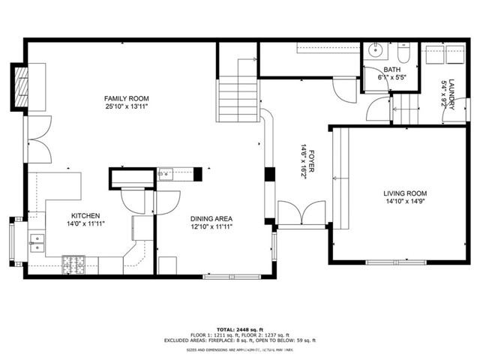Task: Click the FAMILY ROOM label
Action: (126, 98)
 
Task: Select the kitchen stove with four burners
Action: (75, 265)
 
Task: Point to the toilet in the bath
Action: (402, 55)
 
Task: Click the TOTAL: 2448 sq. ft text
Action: (240, 329)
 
